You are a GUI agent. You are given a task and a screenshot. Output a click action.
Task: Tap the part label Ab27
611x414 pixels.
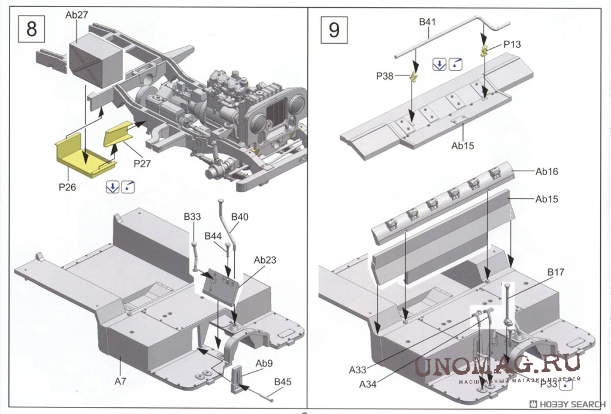pyautogui.click(x=77, y=14)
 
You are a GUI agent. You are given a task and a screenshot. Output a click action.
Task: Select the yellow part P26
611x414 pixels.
pyautogui.click(x=83, y=156)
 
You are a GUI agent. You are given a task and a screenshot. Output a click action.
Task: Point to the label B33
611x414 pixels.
pyautogui.click(x=192, y=216)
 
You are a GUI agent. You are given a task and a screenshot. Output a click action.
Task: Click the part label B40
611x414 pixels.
pyautogui.click(x=239, y=216)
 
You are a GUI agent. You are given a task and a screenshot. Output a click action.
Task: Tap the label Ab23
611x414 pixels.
pyautogui.click(x=265, y=261)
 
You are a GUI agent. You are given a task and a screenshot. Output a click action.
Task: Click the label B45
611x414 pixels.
pyautogui.click(x=283, y=382)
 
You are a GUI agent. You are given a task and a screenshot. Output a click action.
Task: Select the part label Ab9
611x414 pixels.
pyautogui.click(x=264, y=363)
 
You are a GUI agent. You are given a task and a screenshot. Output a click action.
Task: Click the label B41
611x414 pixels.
pyautogui.click(x=427, y=22)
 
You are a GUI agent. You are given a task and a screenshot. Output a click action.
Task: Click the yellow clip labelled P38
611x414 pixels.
pyautogui.click(x=412, y=76)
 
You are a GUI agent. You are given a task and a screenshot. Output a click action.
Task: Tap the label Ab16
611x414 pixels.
pyautogui.click(x=546, y=172)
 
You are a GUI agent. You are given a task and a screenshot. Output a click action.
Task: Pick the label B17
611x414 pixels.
pyautogui.click(x=555, y=273)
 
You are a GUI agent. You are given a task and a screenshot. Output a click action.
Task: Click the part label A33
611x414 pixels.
pyautogui.click(x=358, y=370)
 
